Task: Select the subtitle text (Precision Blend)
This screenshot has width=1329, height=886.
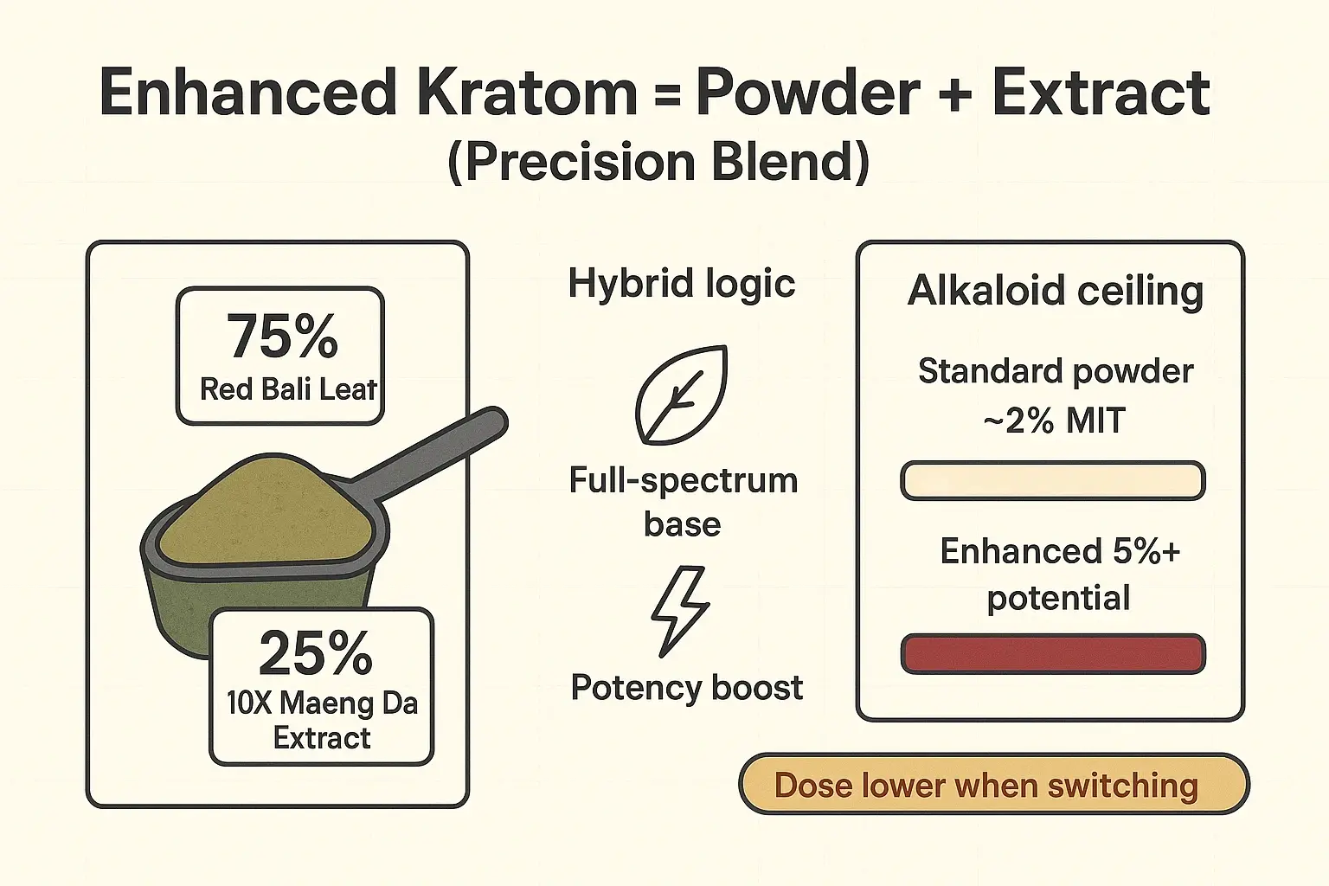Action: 658,162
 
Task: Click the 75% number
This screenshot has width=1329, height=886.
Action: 281,337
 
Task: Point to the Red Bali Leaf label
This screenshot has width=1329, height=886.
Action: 288,389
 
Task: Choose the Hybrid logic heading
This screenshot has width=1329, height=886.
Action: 681,284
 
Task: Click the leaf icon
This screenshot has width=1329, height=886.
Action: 681,395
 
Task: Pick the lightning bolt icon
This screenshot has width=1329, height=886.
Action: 680,611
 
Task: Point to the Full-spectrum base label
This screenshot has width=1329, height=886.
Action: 683,502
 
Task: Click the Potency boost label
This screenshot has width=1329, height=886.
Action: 686,688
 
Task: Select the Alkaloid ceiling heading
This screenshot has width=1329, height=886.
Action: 1055,291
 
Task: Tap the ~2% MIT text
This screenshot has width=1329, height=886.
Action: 1054,421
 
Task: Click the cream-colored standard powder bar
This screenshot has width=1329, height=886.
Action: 1052,481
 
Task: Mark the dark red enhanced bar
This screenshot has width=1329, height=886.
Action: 1052,653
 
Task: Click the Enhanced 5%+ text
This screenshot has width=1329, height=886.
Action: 1060,551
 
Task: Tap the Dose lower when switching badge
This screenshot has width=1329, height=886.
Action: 993,785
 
